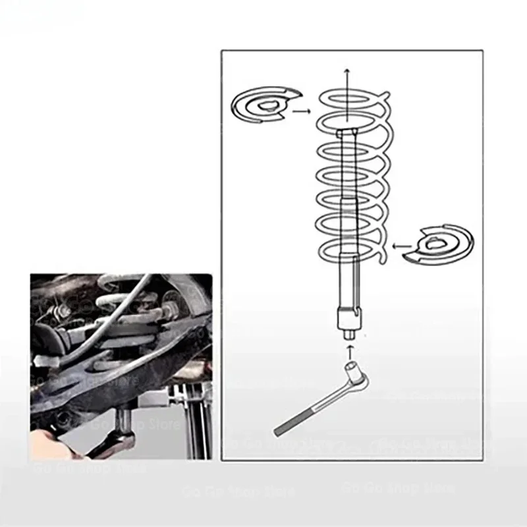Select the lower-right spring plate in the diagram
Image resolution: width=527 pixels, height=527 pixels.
click(441, 244)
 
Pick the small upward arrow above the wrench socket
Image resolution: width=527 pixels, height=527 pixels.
click(349, 344)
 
